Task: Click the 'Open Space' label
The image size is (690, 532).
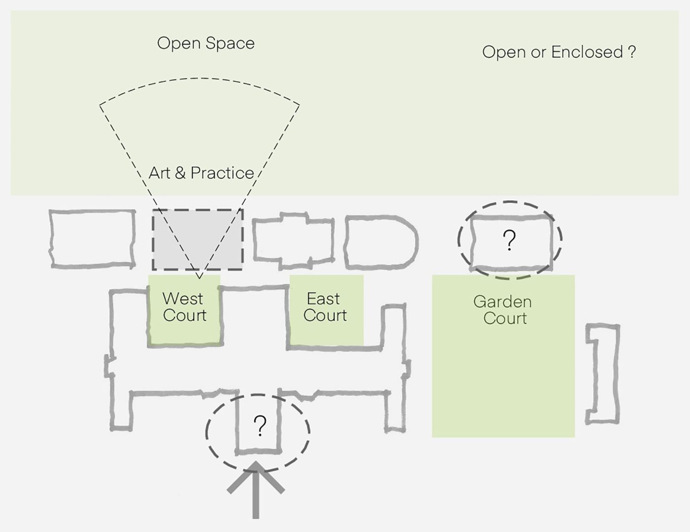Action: click(x=206, y=43)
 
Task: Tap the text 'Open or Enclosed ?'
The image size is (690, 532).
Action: click(x=558, y=52)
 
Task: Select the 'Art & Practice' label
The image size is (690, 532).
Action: click(x=201, y=173)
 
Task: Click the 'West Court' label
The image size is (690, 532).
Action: click(x=184, y=307)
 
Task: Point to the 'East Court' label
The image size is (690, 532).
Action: click(x=325, y=307)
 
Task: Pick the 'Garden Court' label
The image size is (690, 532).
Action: click(x=503, y=310)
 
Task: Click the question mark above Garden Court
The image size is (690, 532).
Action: click(x=509, y=240)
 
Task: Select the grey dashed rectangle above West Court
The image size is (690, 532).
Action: click(x=197, y=240)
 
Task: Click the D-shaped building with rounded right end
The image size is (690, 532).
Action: click(x=379, y=242)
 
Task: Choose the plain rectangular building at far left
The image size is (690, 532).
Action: click(x=92, y=239)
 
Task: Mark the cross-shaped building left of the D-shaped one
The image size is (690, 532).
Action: click(x=294, y=240)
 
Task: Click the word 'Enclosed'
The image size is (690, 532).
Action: click(x=587, y=52)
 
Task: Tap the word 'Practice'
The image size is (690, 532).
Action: click(x=222, y=173)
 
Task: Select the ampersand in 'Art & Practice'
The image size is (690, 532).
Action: click(x=180, y=173)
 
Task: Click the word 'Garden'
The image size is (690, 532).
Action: click(x=502, y=302)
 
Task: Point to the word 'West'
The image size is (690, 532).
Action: click(x=182, y=299)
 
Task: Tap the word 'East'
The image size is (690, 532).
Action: click(x=323, y=299)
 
